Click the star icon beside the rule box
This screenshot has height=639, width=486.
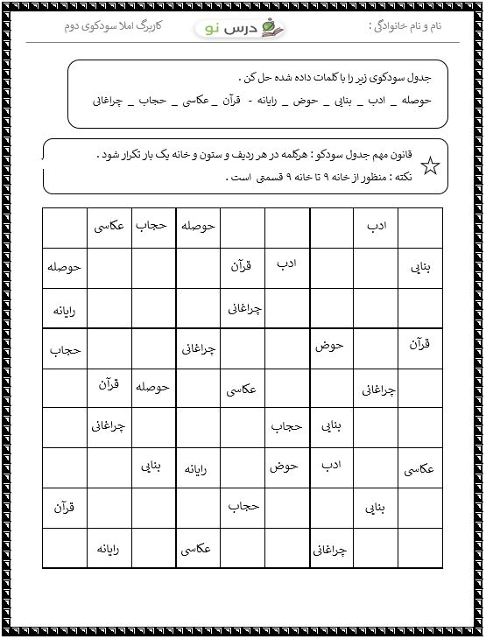[430, 165]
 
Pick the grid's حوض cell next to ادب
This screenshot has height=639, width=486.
[285, 467]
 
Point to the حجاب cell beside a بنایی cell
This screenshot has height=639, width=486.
[286, 426]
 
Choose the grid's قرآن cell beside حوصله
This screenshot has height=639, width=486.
[109, 386]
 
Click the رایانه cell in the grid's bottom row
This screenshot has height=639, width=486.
[109, 548]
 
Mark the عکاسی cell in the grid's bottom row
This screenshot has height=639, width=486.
[198, 548]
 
